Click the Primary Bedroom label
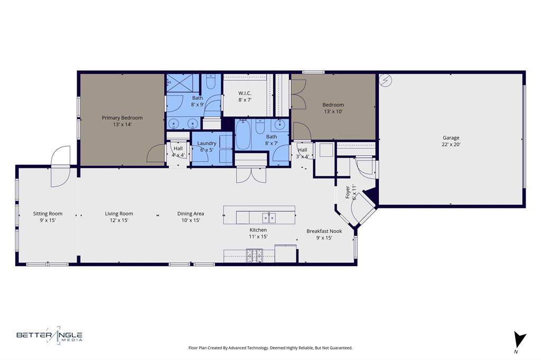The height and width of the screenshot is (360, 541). [x=122, y=118]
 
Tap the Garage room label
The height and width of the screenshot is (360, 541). [x=451, y=138]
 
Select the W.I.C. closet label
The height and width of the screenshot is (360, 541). [x=245, y=93]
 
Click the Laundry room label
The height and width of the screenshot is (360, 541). [x=207, y=143]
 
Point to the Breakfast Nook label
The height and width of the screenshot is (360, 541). [x=324, y=231]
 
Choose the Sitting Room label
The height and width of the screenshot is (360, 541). [x=48, y=214]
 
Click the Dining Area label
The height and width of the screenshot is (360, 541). [x=190, y=214]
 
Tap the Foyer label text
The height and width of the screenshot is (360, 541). [x=348, y=191]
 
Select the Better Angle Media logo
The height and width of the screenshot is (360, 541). [x=49, y=335]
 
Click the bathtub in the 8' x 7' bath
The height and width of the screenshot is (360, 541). [x=243, y=135]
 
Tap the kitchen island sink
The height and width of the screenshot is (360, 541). [x=268, y=217]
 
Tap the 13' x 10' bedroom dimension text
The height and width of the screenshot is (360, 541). [x=333, y=111]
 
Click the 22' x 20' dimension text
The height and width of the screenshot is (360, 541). [x=451, y=144]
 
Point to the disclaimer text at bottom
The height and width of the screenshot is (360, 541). [x=270, y=348]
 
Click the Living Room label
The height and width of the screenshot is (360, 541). [x=119, y=214]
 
